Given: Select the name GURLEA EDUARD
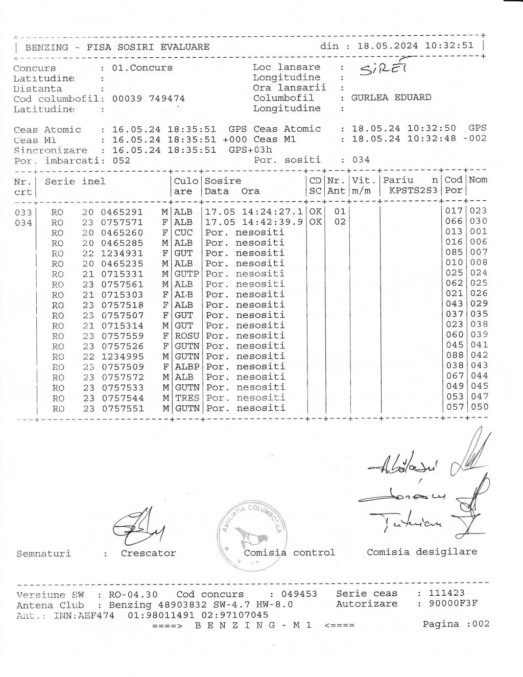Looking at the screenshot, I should (391, 98).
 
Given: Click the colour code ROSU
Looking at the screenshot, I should (187, 336).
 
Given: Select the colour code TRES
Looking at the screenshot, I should (187, 398).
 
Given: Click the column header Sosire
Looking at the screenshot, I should (223, 181).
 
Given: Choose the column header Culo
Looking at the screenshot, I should (186, 181).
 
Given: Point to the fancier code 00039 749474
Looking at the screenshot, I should (148, 99).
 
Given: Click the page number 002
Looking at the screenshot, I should (481, 624).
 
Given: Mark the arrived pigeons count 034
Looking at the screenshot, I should (361, 160).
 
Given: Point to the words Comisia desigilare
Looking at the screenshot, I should (422, 552).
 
